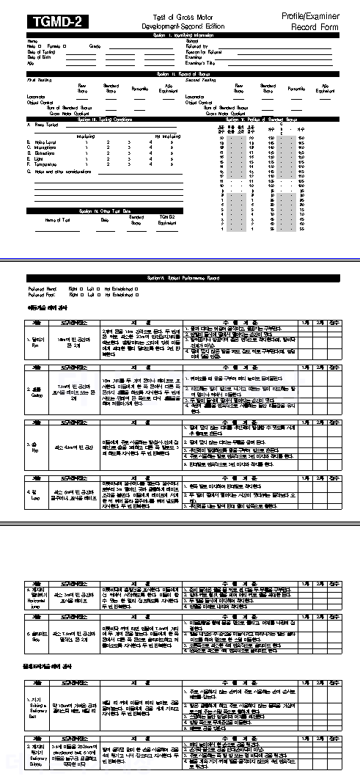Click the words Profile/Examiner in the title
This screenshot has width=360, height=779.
(x=311, y=15)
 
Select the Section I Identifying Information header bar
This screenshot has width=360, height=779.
(x=180, y=34)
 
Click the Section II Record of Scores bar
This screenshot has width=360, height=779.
(x=180, y=74)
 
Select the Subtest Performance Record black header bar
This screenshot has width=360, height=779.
(x=180, y=279)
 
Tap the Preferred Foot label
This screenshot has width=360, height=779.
(x=43, y=294)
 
